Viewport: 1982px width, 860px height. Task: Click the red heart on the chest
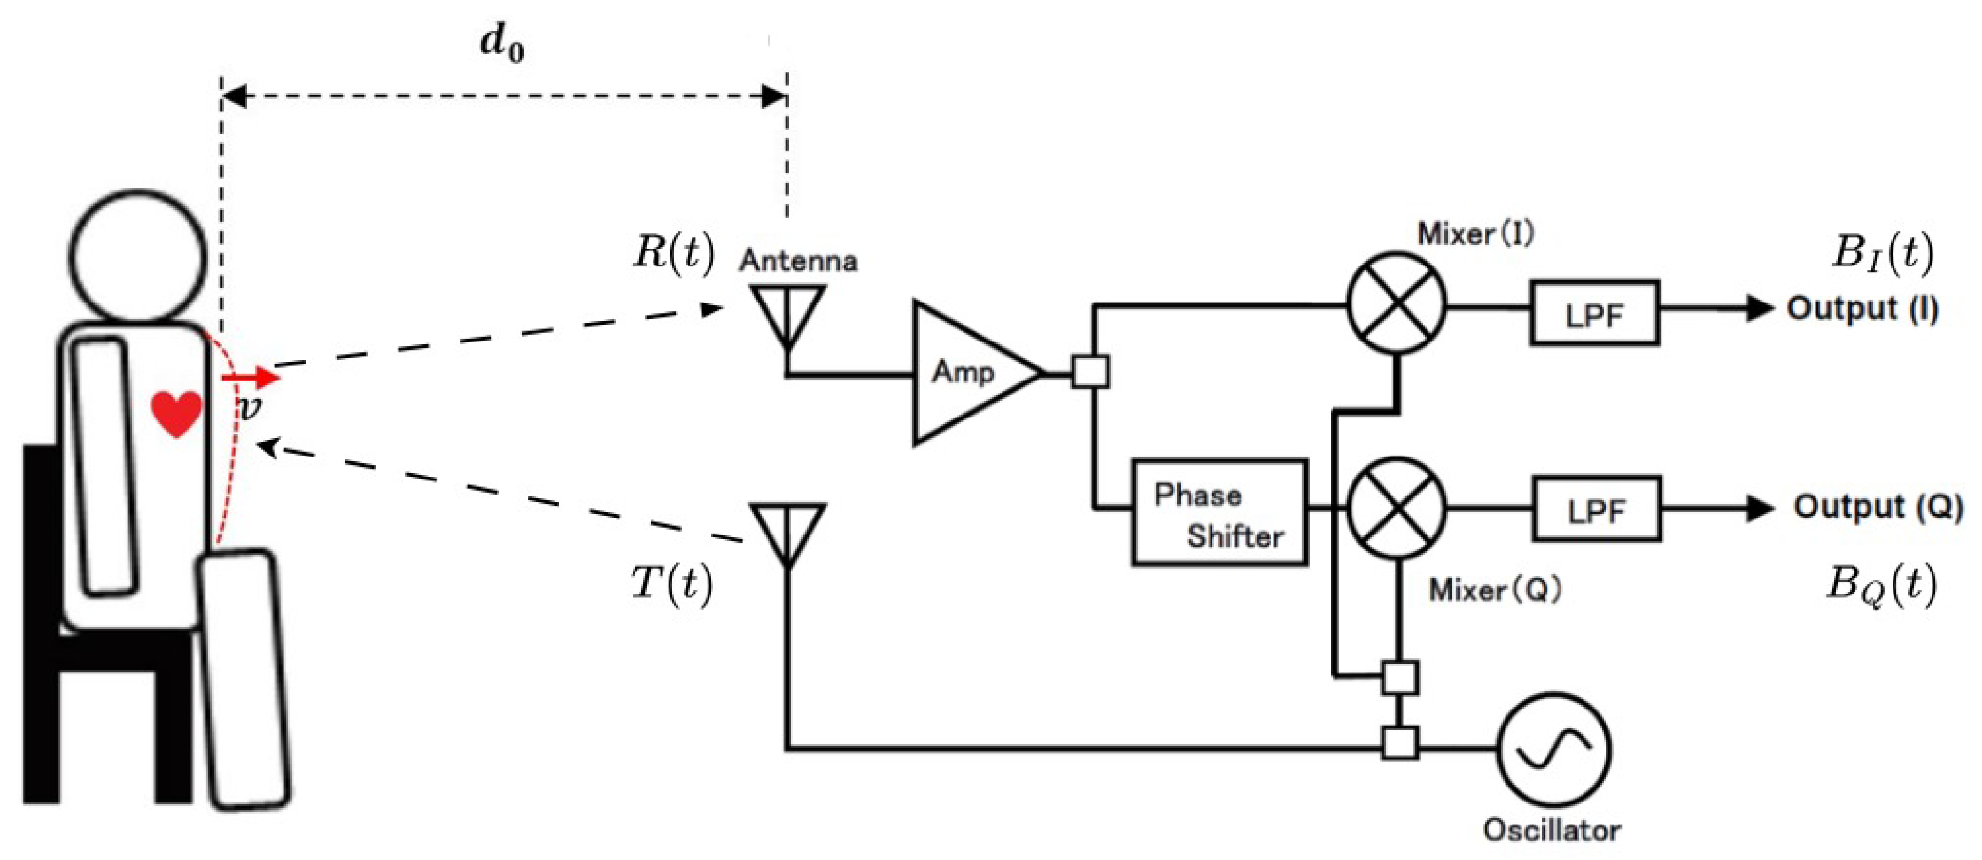(176, 414)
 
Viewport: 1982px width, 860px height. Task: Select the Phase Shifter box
(1219, 512)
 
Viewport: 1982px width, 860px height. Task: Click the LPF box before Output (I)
(1594, 312)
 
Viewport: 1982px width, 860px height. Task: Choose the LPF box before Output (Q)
(1597, 509)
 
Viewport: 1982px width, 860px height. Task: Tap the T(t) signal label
(672, 584)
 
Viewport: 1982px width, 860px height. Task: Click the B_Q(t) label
(1881, 585)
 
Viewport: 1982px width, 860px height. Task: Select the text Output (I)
(1862, 309)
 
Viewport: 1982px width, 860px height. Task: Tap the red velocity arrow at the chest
(250, 378)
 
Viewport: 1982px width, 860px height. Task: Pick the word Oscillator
(1551, 830)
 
